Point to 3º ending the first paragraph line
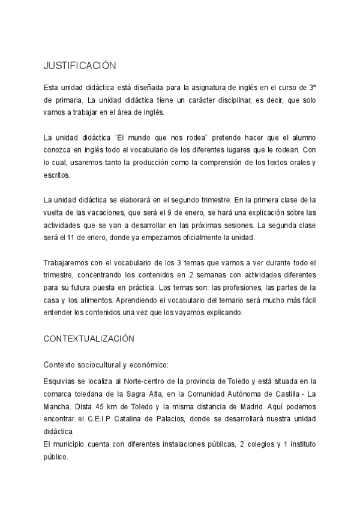(x=313, y=88)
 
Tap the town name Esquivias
(x=59, y=381)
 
